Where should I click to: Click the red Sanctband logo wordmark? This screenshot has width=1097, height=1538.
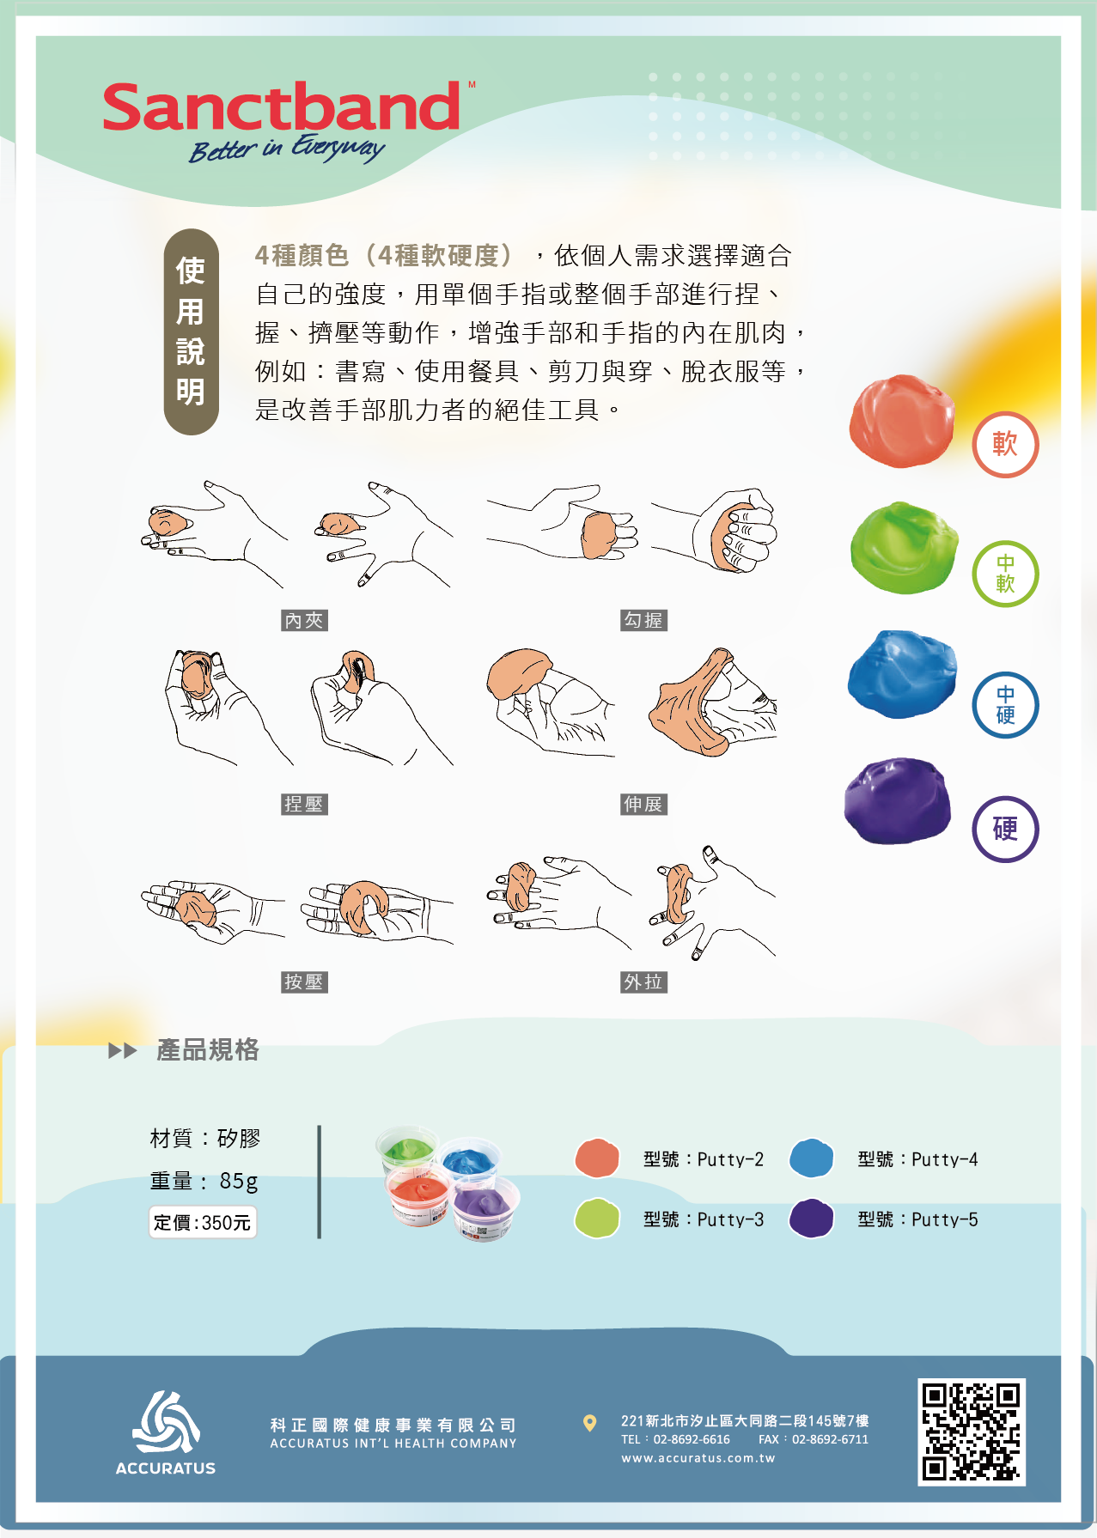[x=282, y=107]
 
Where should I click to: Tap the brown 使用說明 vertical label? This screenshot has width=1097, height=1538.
[x=191, y=331]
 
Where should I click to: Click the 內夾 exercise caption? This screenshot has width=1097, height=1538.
[x=304, y=620]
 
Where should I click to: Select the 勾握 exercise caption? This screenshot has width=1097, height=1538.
[x=644, y=620]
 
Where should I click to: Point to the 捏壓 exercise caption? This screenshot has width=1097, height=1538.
[x=304, y=804]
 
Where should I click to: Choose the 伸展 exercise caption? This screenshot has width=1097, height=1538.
[x=644, y=804]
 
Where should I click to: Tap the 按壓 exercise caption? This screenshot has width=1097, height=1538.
[x=304, y=982]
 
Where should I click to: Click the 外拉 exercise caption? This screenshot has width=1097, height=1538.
[x=644, y=982]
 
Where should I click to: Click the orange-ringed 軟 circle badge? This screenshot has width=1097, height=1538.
[x=1005, y=445]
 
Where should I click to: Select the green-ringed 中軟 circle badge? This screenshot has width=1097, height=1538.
[x=1005, y=574]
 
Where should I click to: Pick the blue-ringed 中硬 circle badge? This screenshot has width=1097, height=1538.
[x=1005, y=705]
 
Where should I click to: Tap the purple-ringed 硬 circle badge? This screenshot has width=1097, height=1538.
[x=1005, y=829]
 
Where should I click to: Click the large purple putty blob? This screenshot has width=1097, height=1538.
[x=898, y=800]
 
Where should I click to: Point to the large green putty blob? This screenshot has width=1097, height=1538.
[x=904, y=548]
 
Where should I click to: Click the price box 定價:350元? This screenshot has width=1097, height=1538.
[x=203, y=1222]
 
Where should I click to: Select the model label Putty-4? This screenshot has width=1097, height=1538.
[x=917, y=1159]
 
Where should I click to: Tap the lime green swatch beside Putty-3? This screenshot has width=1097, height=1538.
[x=597, y=1219]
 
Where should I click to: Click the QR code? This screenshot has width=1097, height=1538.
[x=972, y=1432]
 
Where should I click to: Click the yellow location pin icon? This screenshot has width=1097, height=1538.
[x=589, y=1423]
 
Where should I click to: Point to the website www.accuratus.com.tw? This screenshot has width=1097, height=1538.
[x=698, y=1457]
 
